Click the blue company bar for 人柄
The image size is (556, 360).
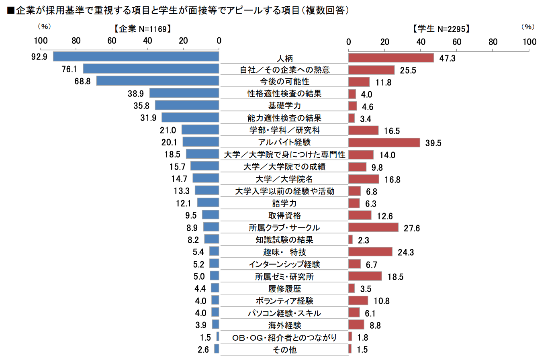click(136, 57)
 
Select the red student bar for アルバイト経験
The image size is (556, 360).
click(384, 143)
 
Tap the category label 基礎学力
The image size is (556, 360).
click(284, 106)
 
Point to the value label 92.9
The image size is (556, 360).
click(39, 57)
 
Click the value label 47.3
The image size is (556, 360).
click(447, 59)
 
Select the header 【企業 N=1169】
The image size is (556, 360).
click(143, 29)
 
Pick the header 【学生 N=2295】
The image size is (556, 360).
click(441, 29)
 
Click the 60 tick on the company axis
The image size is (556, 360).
click(112, 41)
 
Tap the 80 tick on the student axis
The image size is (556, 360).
click(493, 42)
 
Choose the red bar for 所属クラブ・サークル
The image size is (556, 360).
click(373, 228)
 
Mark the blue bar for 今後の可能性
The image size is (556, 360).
click(157, 81)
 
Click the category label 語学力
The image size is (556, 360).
click(284, 203)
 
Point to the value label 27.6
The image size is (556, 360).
click(412, 228)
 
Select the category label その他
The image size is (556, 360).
click(284, 350)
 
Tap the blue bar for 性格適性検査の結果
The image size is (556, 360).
click(184, 93)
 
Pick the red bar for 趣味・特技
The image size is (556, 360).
click(370, 252)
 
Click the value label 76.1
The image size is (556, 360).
click(69, 69)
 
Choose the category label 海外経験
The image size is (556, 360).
click(284, 325)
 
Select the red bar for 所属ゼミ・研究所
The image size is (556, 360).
click(365, 276)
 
